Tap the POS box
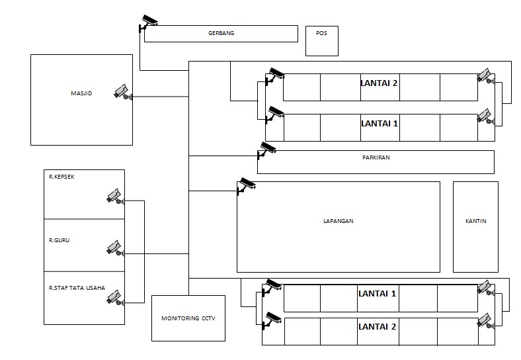point(322,40)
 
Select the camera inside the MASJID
point(123,92)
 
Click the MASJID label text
point(81,94)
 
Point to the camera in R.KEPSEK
point(115,196)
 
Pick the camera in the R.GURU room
point(115,247)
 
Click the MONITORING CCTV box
point(188,318)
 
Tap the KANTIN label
point(475,221)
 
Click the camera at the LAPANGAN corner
point(246,185)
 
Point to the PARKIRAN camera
point(266,150)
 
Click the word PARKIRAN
point(376,157)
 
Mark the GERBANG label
point(221,32)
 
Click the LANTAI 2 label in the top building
point(379,84)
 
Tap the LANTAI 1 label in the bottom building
point(377,293)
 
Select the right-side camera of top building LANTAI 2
point(486,76)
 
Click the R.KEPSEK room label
point(62,177)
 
